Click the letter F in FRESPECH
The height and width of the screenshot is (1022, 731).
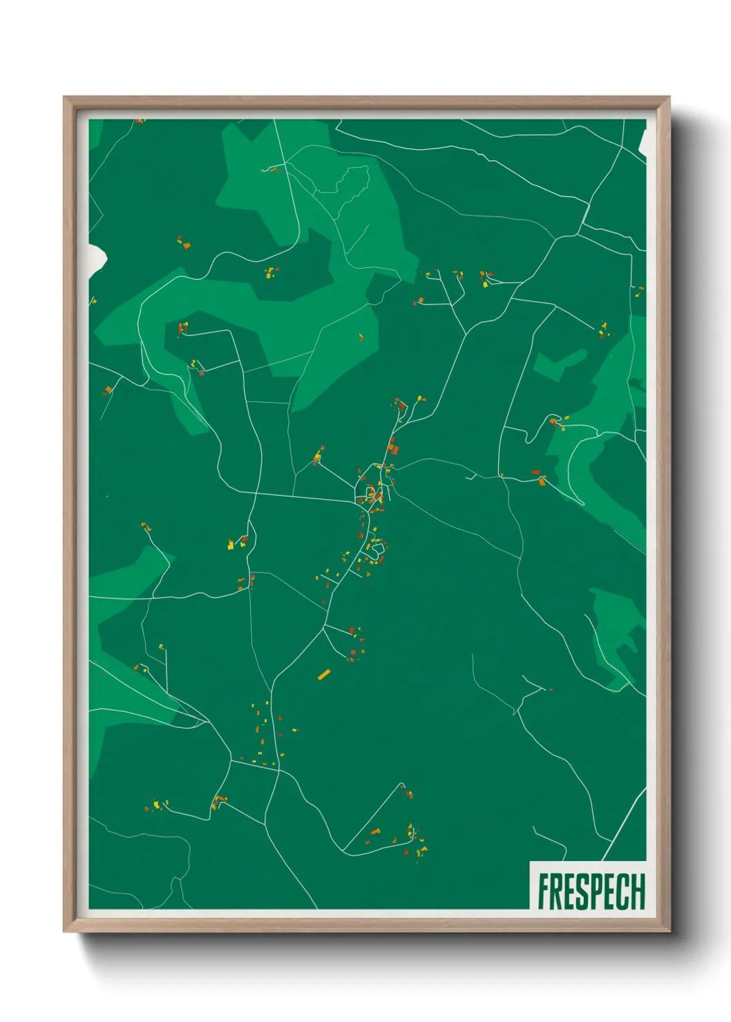pyautogui.click(x=544, y=891)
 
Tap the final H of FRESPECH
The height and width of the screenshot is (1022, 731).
pyautogui.click(x=638, y=891)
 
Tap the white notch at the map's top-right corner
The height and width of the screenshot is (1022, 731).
pyautogui.click(x=643, y=142)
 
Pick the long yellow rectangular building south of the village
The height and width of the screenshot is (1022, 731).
pyautogui.click(x=323, y=674)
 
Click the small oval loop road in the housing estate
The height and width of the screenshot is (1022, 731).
pyautogui.click(x=377, y=550)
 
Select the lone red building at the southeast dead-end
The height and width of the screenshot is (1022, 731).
pyautogui.click(x=551, y=689)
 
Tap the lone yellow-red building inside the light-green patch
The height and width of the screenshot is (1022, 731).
pyautogui.click(x=361, y=337)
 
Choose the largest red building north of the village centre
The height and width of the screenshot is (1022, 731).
pyautogui.click(x=395, y=449)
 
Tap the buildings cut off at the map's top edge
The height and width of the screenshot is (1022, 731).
pyautogui.click(x=140, y=121)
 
